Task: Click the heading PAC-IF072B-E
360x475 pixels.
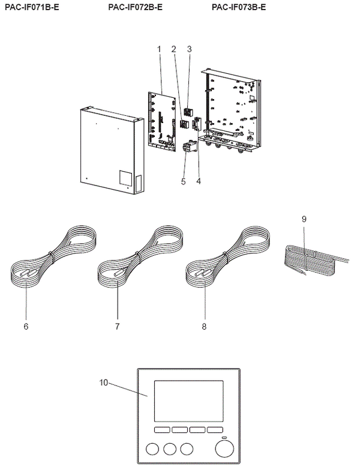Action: coord(136,7)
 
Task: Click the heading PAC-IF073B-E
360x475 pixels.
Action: coord(239,7)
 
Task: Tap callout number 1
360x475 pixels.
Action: coord(160,48)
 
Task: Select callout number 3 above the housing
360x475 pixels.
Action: coord(189,48)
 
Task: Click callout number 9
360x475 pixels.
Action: coord(304,220)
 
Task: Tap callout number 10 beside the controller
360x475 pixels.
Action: coord(104,382)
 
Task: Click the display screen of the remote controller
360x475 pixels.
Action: coord(190,400)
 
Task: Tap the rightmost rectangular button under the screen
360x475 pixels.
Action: coord(216,431)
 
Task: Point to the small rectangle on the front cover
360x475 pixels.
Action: coord(125,178)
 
